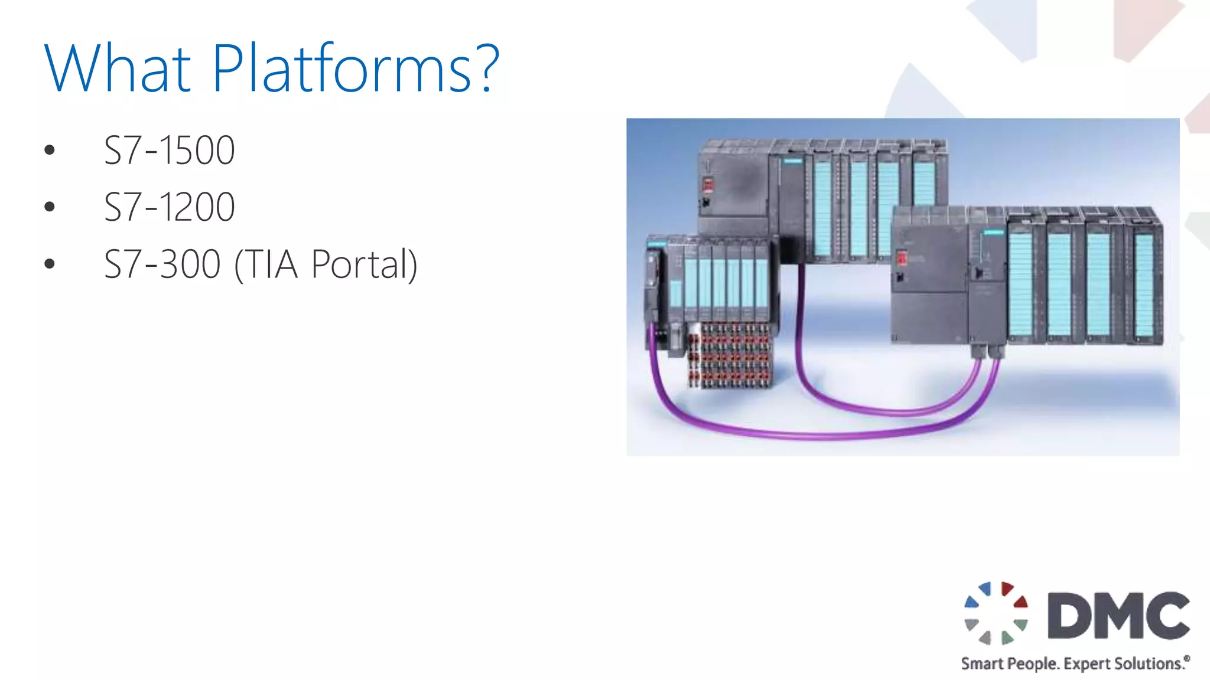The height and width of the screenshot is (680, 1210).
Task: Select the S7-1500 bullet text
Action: (170, 150)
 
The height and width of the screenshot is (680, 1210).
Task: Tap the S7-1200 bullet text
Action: (170, 207)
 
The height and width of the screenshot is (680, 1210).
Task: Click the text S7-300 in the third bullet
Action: (162, 264)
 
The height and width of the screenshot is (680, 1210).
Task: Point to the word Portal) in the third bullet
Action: (364, 264)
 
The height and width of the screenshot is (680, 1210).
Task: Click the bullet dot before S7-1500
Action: (50, 150)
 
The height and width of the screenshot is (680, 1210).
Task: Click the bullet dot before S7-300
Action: (50, 264)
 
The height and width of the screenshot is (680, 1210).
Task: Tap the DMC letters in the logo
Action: (1118, 616)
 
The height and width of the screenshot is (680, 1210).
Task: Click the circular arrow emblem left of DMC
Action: (996, 613)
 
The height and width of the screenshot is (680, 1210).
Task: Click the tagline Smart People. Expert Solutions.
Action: (1075, 663)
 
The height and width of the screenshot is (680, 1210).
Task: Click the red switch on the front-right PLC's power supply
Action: (902, 259)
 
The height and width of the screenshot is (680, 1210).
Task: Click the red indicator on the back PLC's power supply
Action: (707, 185)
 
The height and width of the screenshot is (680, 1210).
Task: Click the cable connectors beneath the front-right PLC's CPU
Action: (987, 352)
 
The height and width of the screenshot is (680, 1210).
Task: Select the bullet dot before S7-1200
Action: (50, 207)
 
